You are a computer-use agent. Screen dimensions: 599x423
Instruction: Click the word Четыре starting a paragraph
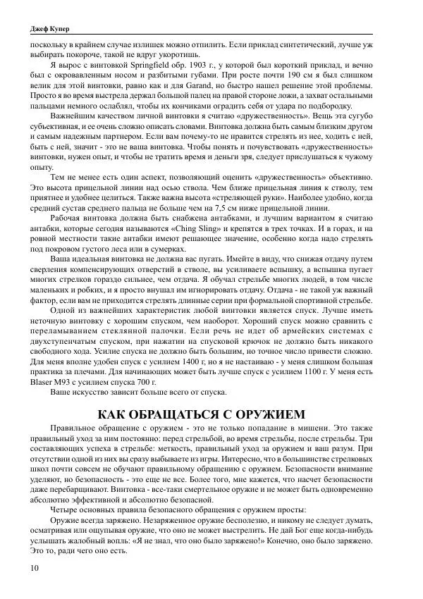click(x=69, y=508)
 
